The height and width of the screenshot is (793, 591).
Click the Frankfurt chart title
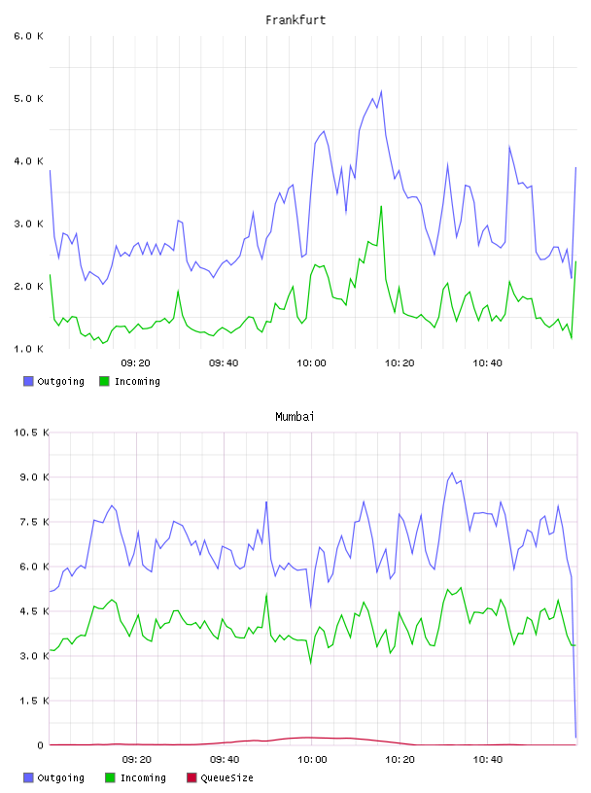(x=295, y=20)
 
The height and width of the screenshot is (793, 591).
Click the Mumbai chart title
(x=295, y=417)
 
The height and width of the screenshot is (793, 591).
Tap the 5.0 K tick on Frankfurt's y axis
(x=28, y=98)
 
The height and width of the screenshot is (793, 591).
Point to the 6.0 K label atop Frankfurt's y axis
(x=28, y=36)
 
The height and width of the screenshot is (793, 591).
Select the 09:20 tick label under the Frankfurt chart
(x=136, y=363)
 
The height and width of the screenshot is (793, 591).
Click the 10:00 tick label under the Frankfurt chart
(x=311, y=363)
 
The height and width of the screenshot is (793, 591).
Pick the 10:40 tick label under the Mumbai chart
(x=488, y=760)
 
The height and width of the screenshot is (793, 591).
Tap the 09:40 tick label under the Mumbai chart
(x=225, y=760)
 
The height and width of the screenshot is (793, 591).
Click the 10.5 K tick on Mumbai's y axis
(x=31, y=432)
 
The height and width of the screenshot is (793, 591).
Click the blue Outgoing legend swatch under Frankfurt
(x=28, y=381)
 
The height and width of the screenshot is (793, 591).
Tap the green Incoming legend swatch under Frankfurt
(x=104, y=381)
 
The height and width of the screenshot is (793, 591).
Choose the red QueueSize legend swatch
(x=191, y=777)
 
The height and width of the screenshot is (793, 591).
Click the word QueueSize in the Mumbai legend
(x=226, y=777)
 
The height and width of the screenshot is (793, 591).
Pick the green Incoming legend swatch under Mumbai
(x=110, y=777)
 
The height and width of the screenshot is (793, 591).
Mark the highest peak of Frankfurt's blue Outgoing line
(x=381, y=91)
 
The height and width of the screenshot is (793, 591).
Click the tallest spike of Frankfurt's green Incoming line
(x=381, y=206)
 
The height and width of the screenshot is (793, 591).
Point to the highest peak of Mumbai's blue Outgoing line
(x=452, y=473)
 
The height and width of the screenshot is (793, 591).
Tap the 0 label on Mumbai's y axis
(x=40, y=745)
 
